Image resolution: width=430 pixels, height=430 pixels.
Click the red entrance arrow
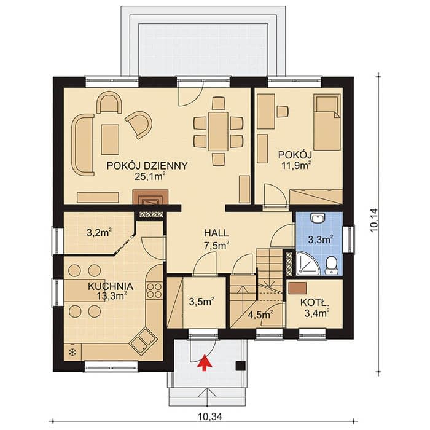tap(205, 361)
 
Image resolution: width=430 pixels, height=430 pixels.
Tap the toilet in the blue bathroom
tap(332, 265)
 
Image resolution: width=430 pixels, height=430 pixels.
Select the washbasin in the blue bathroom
tap(318, 218)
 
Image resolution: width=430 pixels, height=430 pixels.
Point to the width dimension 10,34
tap(209, 416)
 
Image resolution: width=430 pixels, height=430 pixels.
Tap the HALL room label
tap(216, 233)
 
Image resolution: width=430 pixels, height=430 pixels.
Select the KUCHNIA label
tap(111, 286)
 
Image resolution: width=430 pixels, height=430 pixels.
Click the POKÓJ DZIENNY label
tap(147, 166)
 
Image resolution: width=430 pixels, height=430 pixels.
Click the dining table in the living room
tap(218, 131)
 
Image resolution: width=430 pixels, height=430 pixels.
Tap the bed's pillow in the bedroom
tap(327, 104)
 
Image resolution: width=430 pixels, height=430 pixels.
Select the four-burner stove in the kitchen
tap(154, 291)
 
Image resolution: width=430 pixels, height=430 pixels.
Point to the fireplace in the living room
tap(150, 197)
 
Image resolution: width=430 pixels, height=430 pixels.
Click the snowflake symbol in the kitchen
tap(72, 352)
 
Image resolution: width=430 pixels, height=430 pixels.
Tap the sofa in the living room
tap(82, 145)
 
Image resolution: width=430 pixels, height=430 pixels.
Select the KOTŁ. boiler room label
tap(315, 303)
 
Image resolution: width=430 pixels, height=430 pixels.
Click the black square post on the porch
tap(240, 365)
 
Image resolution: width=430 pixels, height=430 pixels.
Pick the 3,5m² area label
tap(201, 302)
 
